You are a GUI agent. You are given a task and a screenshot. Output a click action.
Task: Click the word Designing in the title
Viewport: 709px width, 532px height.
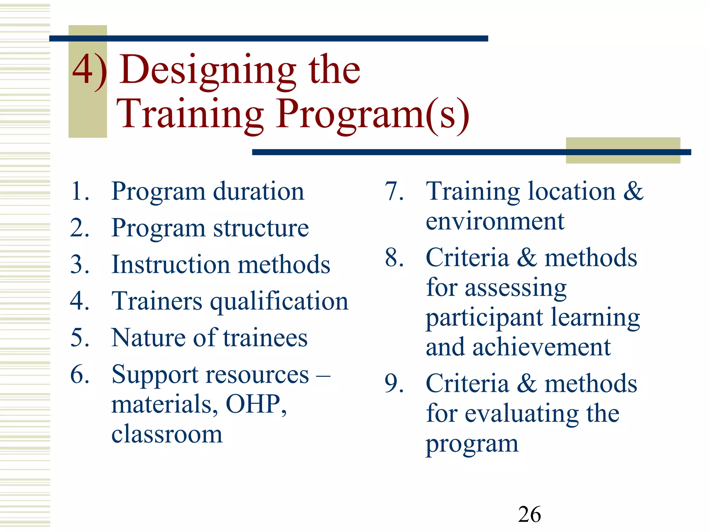coord(208,71)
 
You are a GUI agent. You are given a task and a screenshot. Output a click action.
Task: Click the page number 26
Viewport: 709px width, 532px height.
coord(529,514)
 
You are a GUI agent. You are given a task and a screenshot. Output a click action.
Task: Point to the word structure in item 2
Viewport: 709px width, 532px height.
coord(261,228)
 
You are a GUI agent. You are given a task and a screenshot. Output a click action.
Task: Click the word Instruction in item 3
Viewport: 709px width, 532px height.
coord(171,265)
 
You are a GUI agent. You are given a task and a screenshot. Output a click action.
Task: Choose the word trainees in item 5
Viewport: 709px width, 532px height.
coord(265,338)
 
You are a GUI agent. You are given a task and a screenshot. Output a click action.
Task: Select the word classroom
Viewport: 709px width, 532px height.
coord(167,434)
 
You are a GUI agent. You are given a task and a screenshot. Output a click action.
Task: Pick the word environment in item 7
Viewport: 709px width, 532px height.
coord(495,221)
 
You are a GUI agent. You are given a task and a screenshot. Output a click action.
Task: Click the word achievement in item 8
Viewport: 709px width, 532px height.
coord(541,347)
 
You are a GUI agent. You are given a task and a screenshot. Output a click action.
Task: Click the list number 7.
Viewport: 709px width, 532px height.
coord(394,191)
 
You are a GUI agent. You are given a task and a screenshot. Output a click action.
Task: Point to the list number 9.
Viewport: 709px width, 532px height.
coord(394,384)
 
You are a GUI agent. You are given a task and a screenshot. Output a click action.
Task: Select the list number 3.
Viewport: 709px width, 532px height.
coord(80,265)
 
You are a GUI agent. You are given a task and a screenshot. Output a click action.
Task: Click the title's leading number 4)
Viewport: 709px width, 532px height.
coord(89,71)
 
